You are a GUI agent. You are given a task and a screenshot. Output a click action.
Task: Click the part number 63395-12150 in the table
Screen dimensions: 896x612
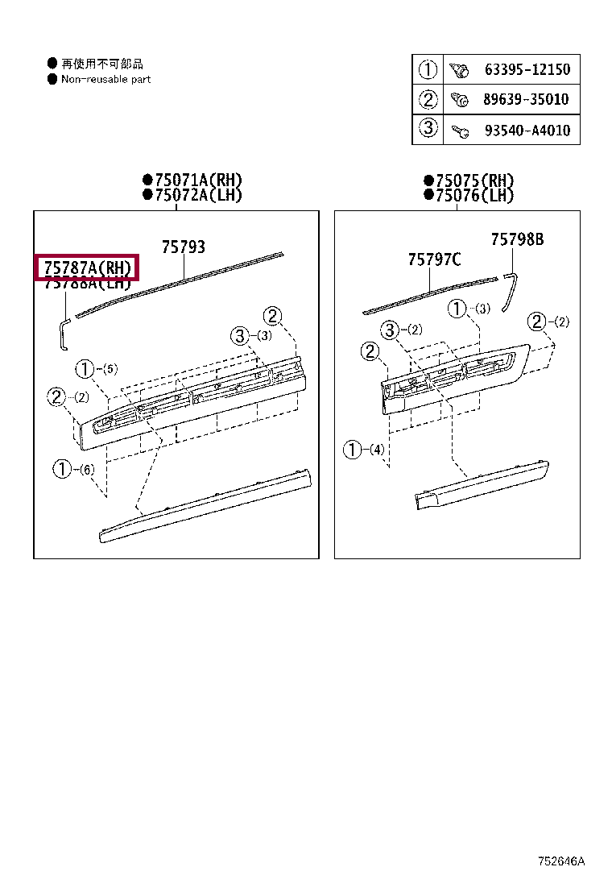(x=527, y=70)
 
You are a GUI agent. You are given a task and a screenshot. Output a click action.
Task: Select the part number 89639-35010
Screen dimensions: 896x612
(x=527, y=100)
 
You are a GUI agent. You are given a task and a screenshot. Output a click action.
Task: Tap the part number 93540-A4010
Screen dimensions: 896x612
(x=527, y=130)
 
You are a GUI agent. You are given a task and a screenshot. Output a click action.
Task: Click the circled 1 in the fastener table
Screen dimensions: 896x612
(x=428, y=70)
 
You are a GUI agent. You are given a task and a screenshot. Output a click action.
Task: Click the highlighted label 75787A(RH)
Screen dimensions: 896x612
(x=87, y=268)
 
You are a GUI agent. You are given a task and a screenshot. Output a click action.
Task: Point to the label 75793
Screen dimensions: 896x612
(x=183, y=247)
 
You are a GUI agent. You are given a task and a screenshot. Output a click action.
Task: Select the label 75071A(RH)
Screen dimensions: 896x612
(x=192, y=180)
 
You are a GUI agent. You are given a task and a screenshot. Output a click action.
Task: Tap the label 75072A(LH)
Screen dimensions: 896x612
(x=192, y=195)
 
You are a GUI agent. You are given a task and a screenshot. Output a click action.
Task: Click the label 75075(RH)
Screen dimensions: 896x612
(x=473, y=181)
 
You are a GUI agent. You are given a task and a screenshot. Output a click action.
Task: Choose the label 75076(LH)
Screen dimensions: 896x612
(x=473, y=196)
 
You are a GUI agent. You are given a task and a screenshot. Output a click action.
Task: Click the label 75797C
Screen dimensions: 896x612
(x=434, y=259)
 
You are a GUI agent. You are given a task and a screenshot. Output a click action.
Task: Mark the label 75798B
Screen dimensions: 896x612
(x=517, y=239)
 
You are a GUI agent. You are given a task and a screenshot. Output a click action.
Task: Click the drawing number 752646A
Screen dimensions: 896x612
(x=561, y=861)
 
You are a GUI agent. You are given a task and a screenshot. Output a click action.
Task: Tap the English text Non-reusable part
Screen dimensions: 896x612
(x=105, y=79)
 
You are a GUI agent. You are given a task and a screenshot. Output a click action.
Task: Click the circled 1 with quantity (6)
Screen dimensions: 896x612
(x=63, y=469)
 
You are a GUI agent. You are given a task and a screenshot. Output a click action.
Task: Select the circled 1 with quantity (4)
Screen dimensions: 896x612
(x=353, y=450)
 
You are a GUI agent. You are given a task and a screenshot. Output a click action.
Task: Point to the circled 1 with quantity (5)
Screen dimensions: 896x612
(x=85, y=370)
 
